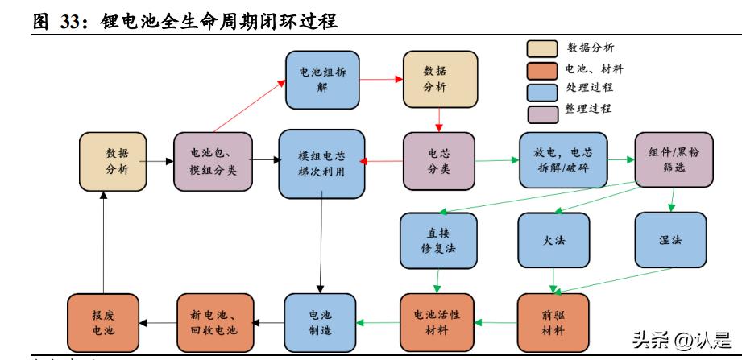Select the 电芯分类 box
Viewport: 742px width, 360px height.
click(x=439, y=161)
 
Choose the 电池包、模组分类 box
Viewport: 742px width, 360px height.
click(x=213, y=161)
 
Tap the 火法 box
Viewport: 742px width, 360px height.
click(x=553, y=240)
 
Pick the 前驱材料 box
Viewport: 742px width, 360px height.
click(x=553, y=321)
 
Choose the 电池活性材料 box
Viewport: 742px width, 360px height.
click(x=437, y=321)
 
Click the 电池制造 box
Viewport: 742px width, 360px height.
click(x=320, y=321)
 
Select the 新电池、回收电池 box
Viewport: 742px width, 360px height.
click(x=212, y=321)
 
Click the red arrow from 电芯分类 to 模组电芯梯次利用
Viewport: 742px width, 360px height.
click(x=380, y=162)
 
